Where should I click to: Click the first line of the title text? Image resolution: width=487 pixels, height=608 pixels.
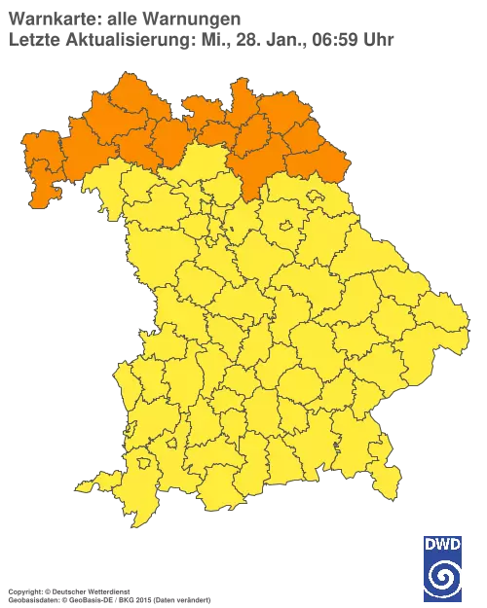[x=123, y=17]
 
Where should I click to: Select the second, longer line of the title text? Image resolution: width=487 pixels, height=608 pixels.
[x=200, y=39]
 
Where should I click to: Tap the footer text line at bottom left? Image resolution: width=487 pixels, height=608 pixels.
[x=107, y=591]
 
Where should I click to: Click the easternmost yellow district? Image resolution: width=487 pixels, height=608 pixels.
[x=429, y=311]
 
